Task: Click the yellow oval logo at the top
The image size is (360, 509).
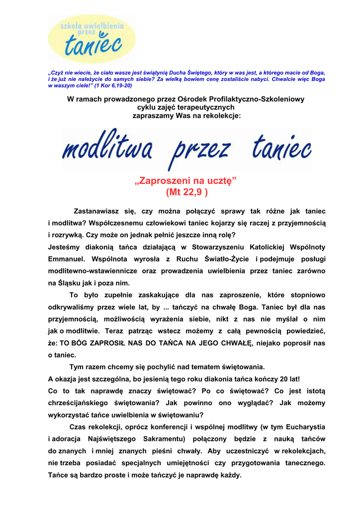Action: (91, 39)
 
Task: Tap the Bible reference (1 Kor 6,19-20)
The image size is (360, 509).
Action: (109, 85)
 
